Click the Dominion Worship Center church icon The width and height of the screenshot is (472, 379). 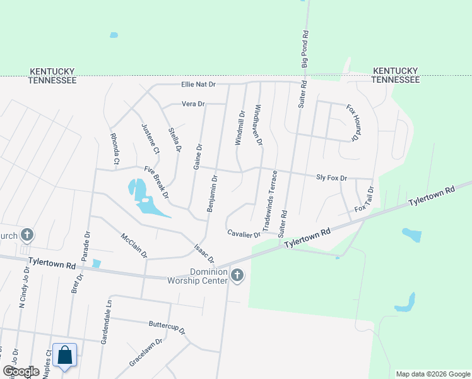pyautogui.click(x=237, y=275)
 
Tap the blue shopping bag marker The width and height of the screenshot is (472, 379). pyautogui.click(x=65, y=355)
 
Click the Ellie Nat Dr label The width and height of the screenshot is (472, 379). pyautogui.click(x=198, y=84)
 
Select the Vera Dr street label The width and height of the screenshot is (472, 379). pyautogui.click(x=193, y=104)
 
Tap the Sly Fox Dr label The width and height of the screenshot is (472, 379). pyautogui.click(x=331, y=179)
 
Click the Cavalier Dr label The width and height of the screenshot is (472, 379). pyautogui.click(x=244, y=234)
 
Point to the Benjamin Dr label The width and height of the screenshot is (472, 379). pyautogui.click(x=213, y=193)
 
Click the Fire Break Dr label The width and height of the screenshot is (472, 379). pyautogui.click(x=156, y=182)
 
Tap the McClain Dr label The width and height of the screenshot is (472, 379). pyautogui.click(x=134, y=246)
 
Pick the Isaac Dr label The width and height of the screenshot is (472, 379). pyautogui.click(x=204, y=254)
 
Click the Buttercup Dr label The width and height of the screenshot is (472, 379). pyautogui.click(x=167, y=327)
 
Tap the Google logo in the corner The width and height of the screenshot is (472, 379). pyautogui.click(x=21, y=371)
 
